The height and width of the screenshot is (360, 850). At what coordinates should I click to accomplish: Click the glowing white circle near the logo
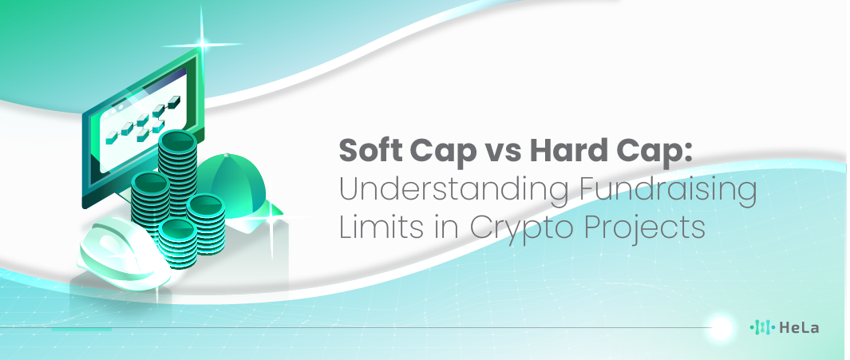pyautogui.click(x=721, y=327)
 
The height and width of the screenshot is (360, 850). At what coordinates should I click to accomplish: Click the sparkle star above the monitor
pyautogui.click(x=202, y=43)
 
